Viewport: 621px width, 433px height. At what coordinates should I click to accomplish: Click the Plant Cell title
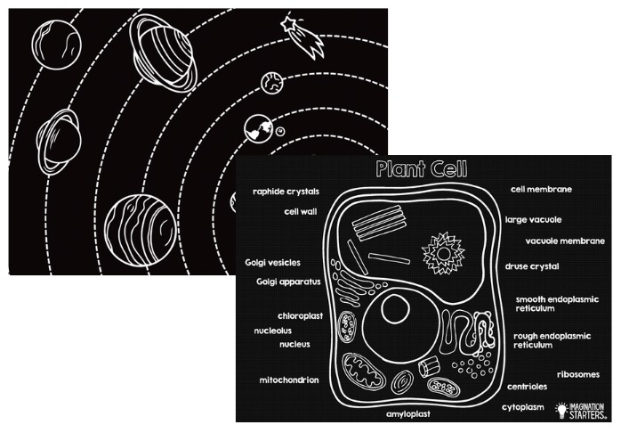coord(422,169)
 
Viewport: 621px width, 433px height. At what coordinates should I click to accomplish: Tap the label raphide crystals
coord(286,192)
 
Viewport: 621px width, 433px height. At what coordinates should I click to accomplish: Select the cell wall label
coord(301,212)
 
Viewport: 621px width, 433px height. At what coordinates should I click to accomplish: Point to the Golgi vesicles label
coord(272,263)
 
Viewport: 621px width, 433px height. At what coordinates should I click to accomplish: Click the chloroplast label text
coord(300,316)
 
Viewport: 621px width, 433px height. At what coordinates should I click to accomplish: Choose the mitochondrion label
coord(289,380)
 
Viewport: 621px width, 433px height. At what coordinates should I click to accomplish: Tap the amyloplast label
coord(408,414)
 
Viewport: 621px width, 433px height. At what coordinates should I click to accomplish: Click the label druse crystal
coord(532,267)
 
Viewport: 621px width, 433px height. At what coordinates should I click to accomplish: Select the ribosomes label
coord(578,375)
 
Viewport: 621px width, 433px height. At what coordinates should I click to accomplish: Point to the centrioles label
coord(527,387)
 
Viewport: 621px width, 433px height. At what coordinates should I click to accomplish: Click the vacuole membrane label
coord(565,241)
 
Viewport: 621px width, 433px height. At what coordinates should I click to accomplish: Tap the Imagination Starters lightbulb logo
coord(561,410)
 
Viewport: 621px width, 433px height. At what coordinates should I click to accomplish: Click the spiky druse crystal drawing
coord(443,253)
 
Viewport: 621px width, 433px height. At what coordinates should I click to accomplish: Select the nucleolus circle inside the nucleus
coord(395,309)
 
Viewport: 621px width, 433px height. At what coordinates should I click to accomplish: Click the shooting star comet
coord(303,37)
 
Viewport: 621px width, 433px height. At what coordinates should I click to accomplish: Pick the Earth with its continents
coord(259,128)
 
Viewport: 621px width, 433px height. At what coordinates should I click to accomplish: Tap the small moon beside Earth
coord(280,131)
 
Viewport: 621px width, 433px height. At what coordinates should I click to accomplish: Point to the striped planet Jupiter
coord(141,230)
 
